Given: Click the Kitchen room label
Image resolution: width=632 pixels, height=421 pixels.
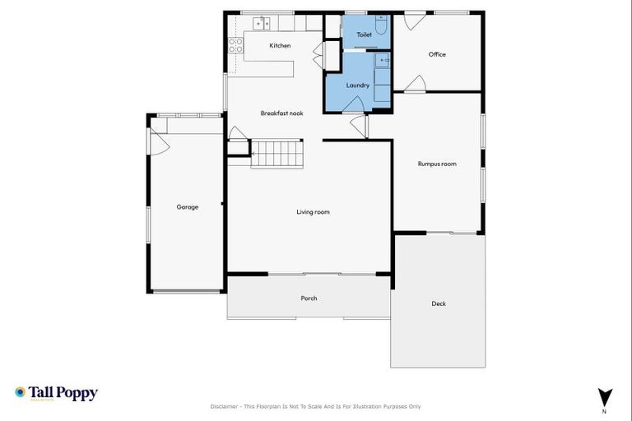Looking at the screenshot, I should [x=280, y=45].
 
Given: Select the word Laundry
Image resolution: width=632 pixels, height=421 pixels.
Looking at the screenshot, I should [x=357, y=85].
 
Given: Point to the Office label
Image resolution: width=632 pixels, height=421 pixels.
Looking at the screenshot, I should [x=437, y=54].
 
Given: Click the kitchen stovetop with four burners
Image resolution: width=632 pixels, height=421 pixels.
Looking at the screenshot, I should [x=235, y=44].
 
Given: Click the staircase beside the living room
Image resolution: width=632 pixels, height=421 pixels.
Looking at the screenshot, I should [x=277, y=153].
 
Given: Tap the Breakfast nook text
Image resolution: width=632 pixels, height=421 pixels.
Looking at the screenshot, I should [x=281, y=113].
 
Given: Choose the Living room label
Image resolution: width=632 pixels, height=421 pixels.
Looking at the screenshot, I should [x=313, y=212].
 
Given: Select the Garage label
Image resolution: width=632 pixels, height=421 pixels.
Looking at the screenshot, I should [x=187, y=207].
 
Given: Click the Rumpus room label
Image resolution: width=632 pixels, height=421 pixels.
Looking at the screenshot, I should [x=437, y=164].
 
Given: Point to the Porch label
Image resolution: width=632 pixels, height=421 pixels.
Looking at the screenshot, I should [x=309, y=298].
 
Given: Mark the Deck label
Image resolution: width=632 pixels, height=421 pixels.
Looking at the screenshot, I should [x=439, y=303].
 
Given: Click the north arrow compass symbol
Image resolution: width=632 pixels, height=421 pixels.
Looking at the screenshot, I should [x=605, y=396].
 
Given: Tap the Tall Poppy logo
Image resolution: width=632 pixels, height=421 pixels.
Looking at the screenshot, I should [x=56, y=393].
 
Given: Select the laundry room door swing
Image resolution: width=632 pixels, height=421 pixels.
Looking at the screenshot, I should [x=355, y=102].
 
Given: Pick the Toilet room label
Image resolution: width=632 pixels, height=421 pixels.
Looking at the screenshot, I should [x=364, y=35].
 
